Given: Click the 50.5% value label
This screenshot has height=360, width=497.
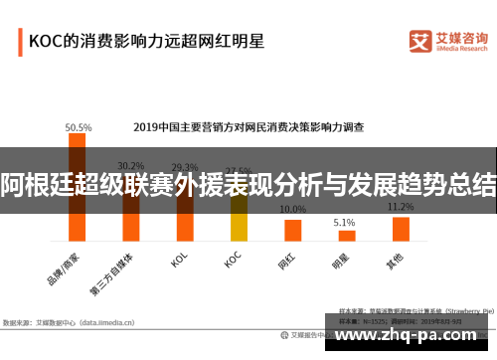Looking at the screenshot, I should [x=79, y=127].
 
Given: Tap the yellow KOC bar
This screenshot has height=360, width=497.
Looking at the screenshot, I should [x=239, y=219].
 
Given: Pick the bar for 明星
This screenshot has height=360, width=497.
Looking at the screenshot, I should [x=345, y=236].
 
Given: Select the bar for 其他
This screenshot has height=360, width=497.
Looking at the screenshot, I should [x=401, y=229].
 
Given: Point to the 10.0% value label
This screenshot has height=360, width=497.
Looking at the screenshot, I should [x=292, y=210].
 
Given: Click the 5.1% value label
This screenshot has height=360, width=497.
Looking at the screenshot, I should [x=345, y=222].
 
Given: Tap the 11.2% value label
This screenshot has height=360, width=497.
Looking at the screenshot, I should [x=401, y=207].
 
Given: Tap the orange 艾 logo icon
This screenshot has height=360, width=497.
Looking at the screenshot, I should [x=418, y=40].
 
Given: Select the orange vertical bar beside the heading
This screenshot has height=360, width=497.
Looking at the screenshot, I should [x=20, y=42].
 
